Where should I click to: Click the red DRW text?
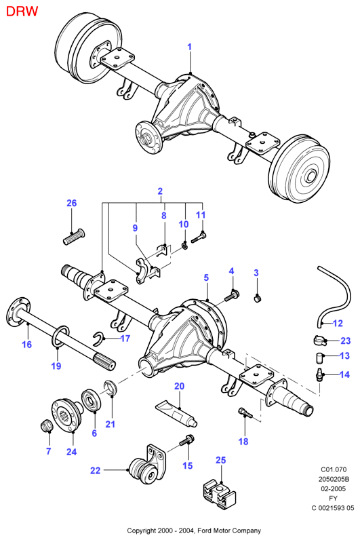point(22,11)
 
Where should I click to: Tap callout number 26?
point(72,204)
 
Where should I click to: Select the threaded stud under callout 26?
point(75,237)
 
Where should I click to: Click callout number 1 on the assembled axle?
point(189,47)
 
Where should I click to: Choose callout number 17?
point(125,339)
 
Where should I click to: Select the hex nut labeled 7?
point(47,426)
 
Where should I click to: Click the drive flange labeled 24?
point(66,414)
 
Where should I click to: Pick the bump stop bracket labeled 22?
point(146,465)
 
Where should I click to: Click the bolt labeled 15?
point(187,440)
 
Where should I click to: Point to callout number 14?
point(344,374)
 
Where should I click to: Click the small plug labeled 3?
point(258,298)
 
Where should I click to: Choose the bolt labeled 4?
point(233,296)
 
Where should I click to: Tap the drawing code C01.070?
point(334,469)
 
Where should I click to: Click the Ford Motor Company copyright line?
point(194,531)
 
